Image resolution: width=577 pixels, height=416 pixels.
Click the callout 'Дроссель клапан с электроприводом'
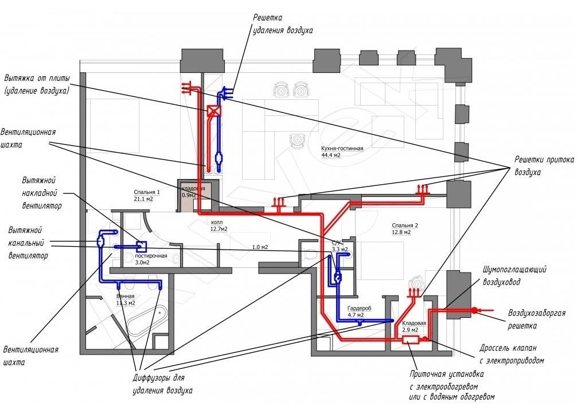pyautogui.click(x=511, y=355)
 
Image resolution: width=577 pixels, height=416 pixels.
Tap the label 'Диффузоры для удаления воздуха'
pyautogui.click(x=162, y=384)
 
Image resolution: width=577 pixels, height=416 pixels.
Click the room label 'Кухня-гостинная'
pyautogui.click(x=342, y=148)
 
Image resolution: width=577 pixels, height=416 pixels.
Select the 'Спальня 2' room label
pyautogui.click(x=405, y=226)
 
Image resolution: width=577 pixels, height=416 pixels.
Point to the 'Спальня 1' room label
pyautogui.click(x=146, y=192)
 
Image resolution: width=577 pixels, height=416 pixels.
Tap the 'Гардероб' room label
pyautogui.click(x=359, y=308)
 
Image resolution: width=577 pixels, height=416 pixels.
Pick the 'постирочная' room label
pyautogui.click(x=151, y=255)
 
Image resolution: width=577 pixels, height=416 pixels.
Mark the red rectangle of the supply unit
pyautogui.click(x=410, y=340)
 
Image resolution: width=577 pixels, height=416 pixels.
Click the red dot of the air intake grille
pyautogui.click(x=474, y=310)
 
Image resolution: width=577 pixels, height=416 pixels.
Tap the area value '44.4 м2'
pyautogui.click(x=330, y=155)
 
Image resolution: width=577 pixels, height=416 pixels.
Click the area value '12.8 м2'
pyautogui.click(x=402, y=233)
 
